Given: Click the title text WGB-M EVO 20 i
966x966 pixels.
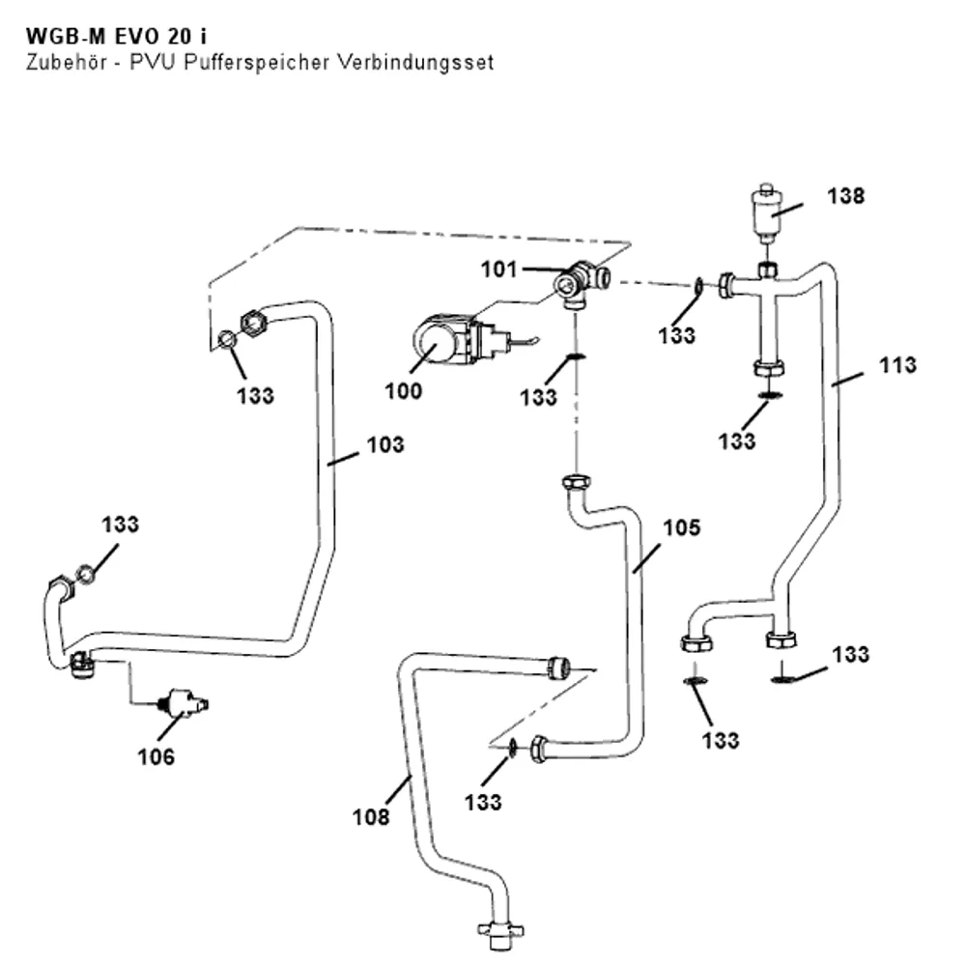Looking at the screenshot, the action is (x=117, y=37).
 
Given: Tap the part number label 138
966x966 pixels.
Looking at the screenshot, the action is (x=845, y=196).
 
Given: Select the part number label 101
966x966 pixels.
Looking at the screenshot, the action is (x=498, y=270).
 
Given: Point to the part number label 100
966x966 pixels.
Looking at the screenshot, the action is (x=403, y=390).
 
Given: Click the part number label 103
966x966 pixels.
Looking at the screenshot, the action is (x=385, y=444).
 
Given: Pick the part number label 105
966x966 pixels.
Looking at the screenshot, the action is (x=681, y=527).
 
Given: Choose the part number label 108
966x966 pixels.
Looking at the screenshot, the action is (x=370, y=817).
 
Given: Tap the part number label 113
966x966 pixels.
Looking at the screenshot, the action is (x=897, y=365).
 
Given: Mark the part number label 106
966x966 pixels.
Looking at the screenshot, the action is (x=156, y=756).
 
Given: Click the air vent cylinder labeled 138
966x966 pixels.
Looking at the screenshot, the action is (x=766, y=213).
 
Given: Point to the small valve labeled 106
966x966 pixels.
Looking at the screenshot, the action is (x=184, y=703).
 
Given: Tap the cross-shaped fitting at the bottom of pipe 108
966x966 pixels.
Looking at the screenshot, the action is (x=500, y=934).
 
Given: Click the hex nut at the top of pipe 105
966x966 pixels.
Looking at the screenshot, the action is (x=576, y=481).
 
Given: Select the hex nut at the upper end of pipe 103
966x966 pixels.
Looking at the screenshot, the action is (x=252, y=323).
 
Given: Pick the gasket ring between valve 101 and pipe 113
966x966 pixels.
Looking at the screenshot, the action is (x=699, y=285).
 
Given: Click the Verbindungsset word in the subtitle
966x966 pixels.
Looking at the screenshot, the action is (x=415, y=62).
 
